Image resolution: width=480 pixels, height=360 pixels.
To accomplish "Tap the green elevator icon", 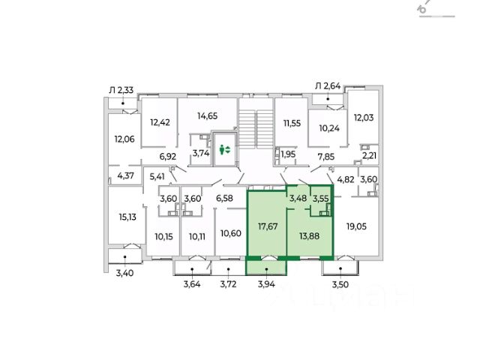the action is coord(223,150).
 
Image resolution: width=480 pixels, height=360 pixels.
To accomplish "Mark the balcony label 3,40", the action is coord(124,273).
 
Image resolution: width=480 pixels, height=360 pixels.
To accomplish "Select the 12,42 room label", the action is coord(161,122).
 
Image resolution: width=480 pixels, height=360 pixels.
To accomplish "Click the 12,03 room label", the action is coord(364,117).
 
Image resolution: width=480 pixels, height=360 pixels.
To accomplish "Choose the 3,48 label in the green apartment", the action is coord(297,198).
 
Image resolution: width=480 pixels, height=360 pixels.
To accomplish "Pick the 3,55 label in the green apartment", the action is coord(321,199).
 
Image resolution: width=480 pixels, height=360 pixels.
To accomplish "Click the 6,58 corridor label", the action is coord(225,198).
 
